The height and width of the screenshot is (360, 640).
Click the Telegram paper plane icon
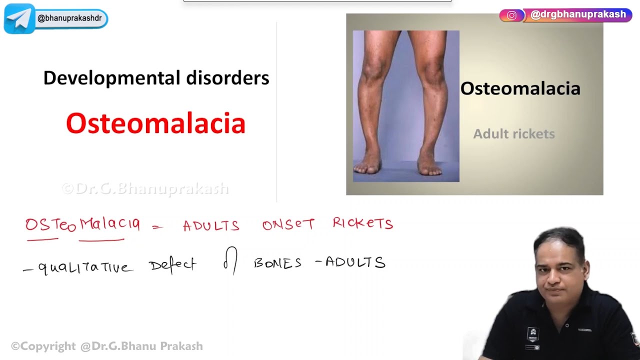click(19, 19)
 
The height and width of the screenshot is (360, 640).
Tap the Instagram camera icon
click(511, 15)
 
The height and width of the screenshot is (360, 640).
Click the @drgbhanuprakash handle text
click(578, 14)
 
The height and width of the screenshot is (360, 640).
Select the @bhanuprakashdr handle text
click(69, 18)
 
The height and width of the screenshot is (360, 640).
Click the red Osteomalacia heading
click(155, 123)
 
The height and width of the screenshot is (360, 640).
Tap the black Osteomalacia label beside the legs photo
click(520, 88)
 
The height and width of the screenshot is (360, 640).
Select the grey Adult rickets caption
click(513, 134)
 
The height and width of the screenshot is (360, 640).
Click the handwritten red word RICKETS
click(362, 223)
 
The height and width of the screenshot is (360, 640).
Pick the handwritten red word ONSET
click(288, 225)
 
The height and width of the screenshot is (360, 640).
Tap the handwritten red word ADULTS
click(211, 226)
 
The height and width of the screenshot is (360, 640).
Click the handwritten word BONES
click(277, 263)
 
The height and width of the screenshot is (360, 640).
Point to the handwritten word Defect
click(172, 264)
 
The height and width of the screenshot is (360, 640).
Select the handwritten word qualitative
click(85, 267)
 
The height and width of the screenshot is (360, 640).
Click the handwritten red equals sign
click(157, 227)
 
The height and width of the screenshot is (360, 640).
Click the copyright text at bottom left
click(107, 346)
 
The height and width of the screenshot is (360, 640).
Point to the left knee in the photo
click(374, 70)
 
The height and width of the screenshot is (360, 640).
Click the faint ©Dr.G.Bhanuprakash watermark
click(145, 188)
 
